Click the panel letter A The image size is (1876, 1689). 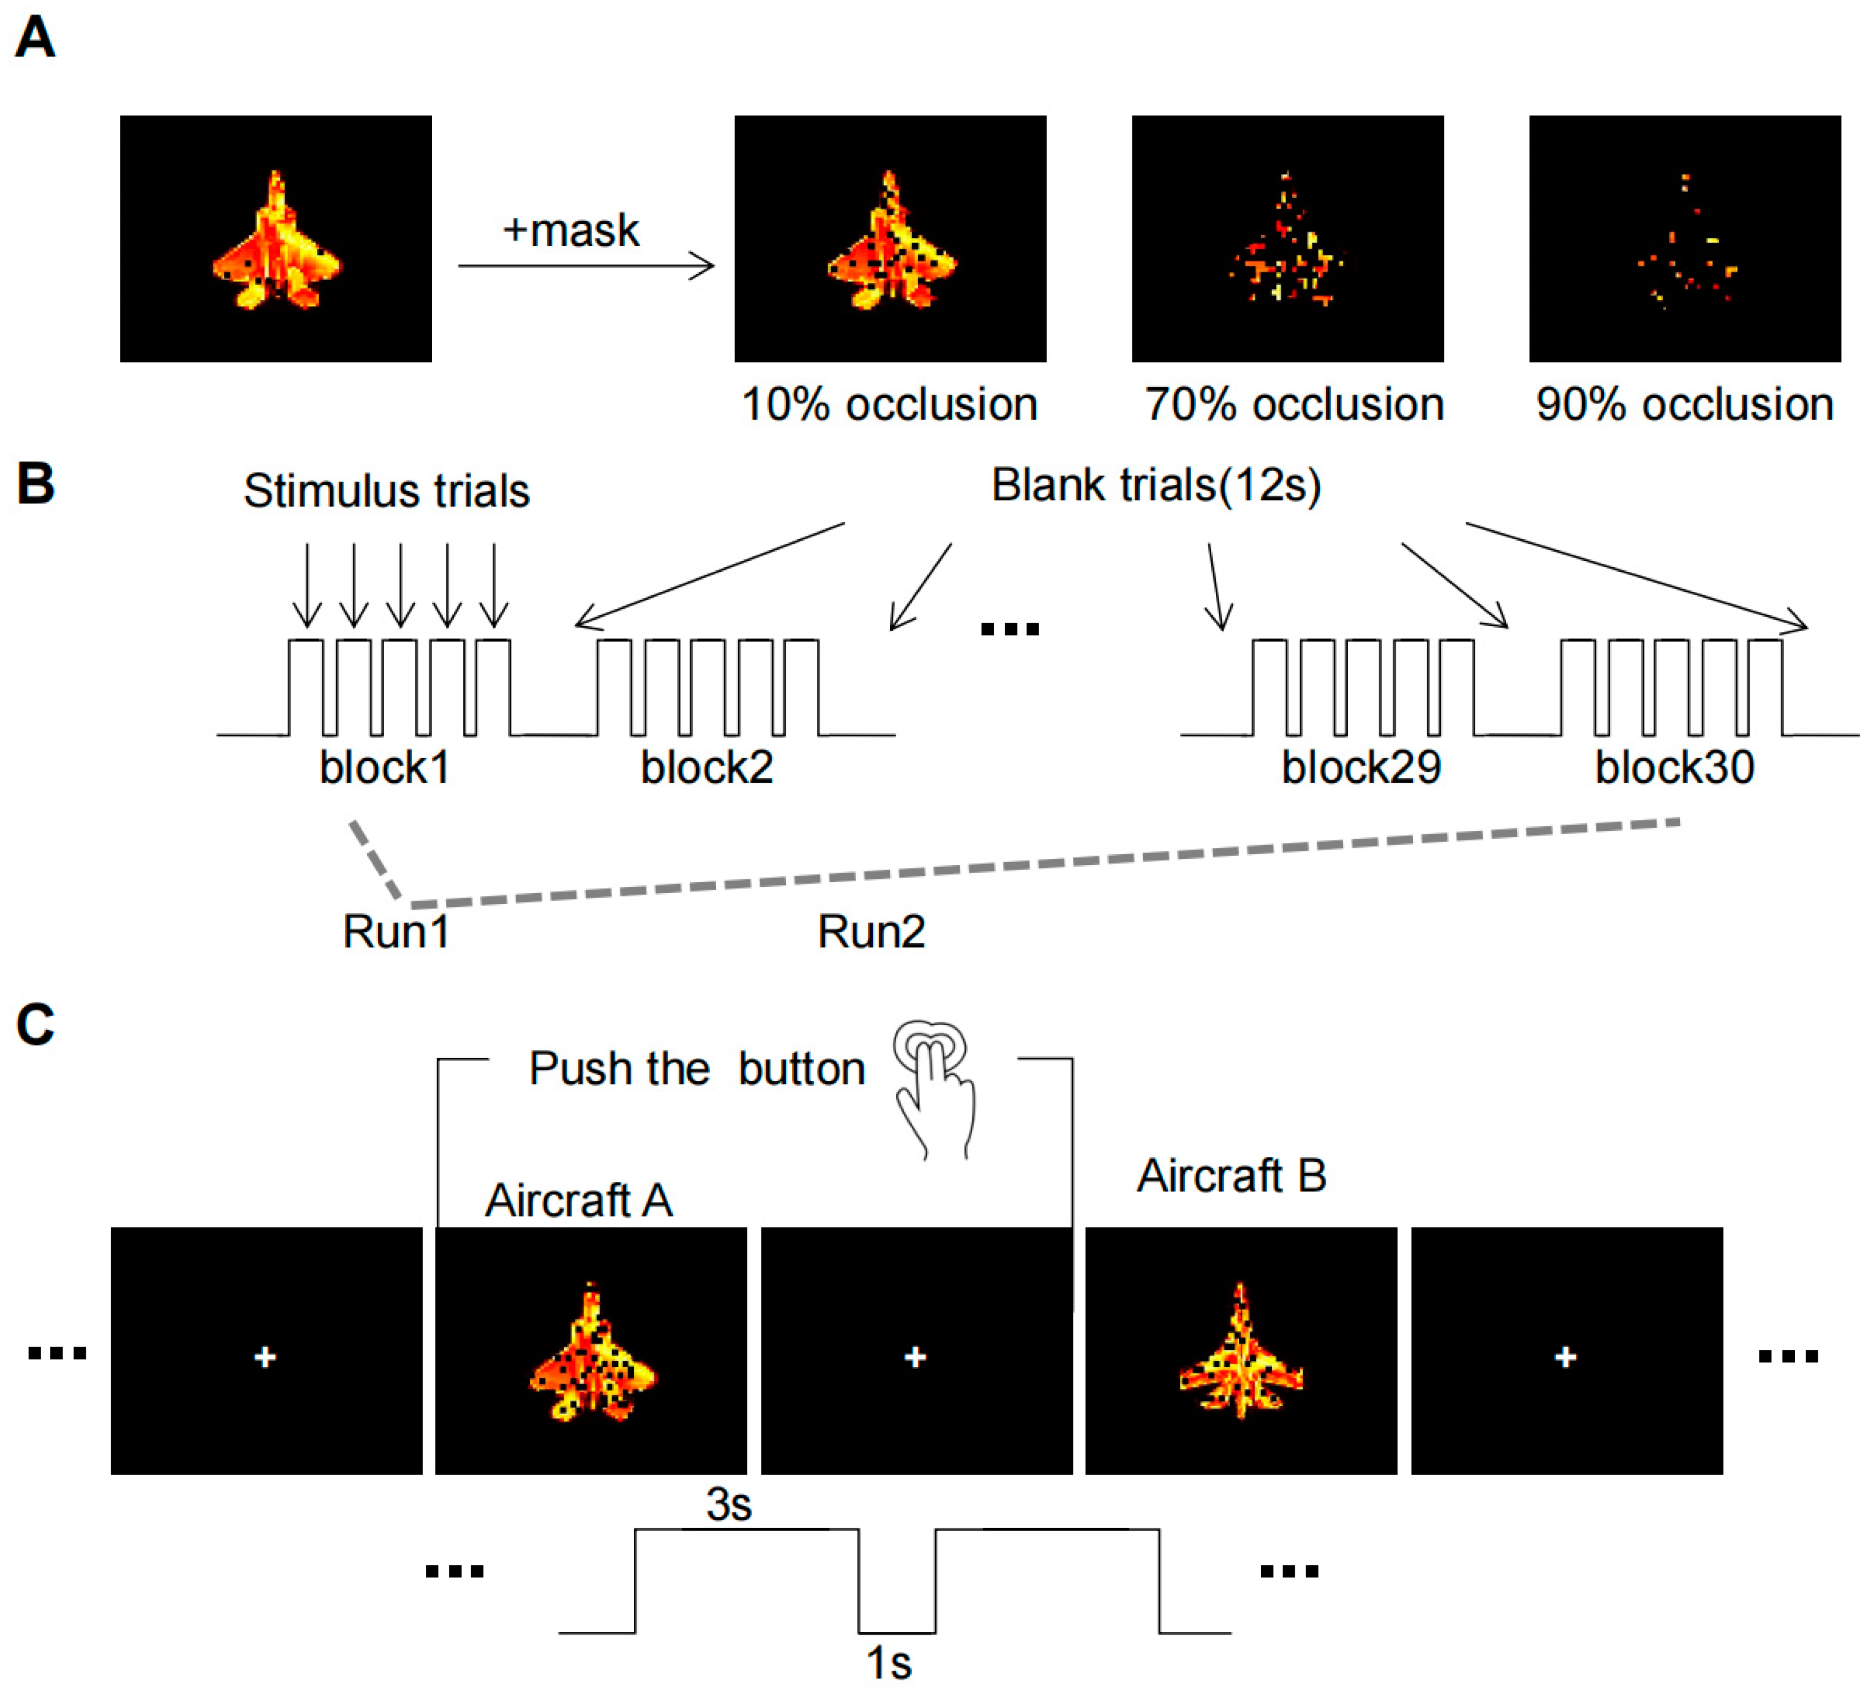pos(35,39)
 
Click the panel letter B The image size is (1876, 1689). pos(35,484)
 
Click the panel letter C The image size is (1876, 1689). pos(35,1026)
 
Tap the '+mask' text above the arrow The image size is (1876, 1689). pos(570,230)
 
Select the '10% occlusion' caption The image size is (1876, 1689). pos(889,405)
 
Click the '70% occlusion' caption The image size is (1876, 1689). pos(1294,405)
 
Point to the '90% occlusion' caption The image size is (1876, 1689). pos(1684,405)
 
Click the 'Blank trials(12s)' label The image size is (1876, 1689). pos(1156,484)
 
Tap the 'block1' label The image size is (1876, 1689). pos(384,767)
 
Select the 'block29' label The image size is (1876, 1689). pos(1360,767)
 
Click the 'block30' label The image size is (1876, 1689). pos(1674,767)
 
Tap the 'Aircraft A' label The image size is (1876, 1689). pos(578,1201)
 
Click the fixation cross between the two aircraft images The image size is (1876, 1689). pos(915,1357)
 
